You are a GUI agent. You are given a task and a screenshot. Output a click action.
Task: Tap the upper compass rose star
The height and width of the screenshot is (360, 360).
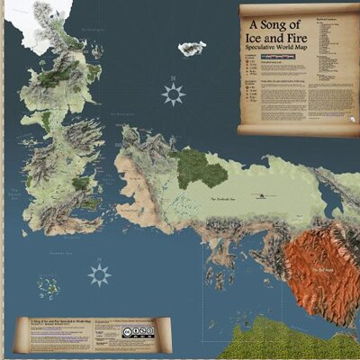(173, 93)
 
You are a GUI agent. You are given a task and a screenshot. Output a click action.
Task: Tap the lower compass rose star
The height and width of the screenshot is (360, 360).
(99, 274)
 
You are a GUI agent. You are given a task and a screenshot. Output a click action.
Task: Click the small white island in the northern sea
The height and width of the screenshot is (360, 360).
(192, 48)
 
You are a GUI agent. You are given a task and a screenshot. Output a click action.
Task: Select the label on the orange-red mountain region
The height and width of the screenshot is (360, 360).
(319, 268)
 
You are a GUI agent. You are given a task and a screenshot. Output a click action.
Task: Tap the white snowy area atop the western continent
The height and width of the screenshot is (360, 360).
(36, 22)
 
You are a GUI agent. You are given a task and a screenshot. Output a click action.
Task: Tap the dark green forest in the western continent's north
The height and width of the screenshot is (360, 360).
(52, 79)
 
